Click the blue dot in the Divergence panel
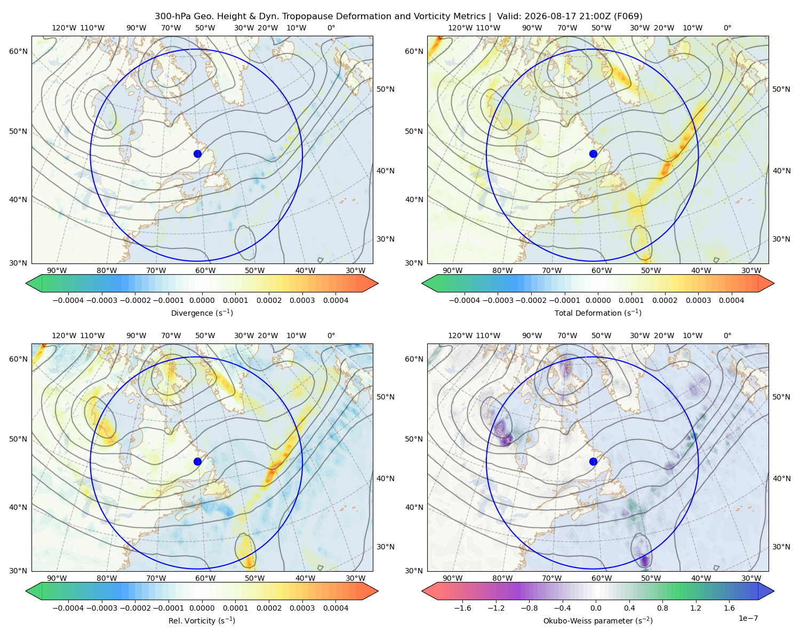click(197, 154)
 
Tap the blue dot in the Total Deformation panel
click(593, 154)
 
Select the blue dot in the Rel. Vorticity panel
click(197, 461)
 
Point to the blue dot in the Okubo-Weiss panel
click(593, 461)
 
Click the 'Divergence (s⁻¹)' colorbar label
click(202, 313)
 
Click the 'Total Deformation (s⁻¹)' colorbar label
click(598, 313)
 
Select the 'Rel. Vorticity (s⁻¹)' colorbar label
click(202, 621)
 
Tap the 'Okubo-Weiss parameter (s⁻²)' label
click(598, 621)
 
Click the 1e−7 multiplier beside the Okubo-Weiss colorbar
click(748, 618)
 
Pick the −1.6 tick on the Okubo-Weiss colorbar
click(462, 608)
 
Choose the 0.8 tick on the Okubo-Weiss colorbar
click(662, 608)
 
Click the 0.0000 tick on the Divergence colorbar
click(202, 300)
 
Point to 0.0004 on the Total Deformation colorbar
click(731, 300)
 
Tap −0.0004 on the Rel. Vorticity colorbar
click(68, 608)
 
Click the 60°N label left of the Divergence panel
click(18, 51)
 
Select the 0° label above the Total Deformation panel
click(727, 28)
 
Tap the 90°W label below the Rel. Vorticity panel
click(57, 578)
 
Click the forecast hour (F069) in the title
click(628, 17)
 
